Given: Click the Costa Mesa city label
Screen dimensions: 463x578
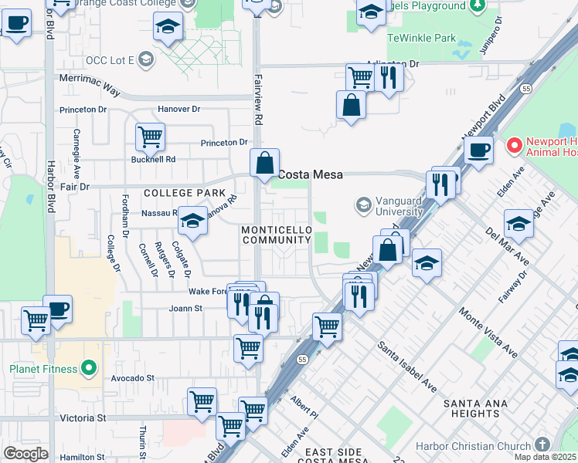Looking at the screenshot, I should click(310, 175).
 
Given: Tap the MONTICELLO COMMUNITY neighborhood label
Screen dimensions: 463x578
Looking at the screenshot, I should click(277, 235).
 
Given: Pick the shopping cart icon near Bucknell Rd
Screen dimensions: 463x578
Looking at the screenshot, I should click(150, 137).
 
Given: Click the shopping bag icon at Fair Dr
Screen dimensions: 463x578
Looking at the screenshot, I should click(264, 163).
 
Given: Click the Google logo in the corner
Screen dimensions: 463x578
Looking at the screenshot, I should click(25, 453).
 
